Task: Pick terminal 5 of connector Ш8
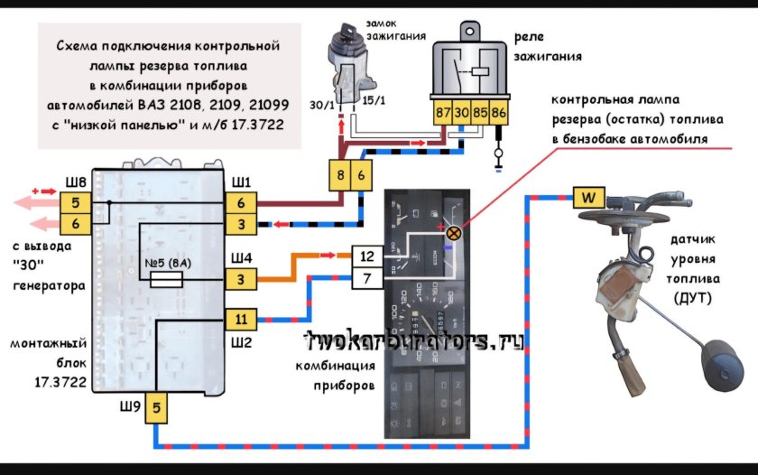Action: coord(76,201)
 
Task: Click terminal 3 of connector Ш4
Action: coord(241,280)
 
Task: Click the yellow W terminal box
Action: coord(587,196)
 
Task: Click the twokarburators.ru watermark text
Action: coord(415,341)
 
